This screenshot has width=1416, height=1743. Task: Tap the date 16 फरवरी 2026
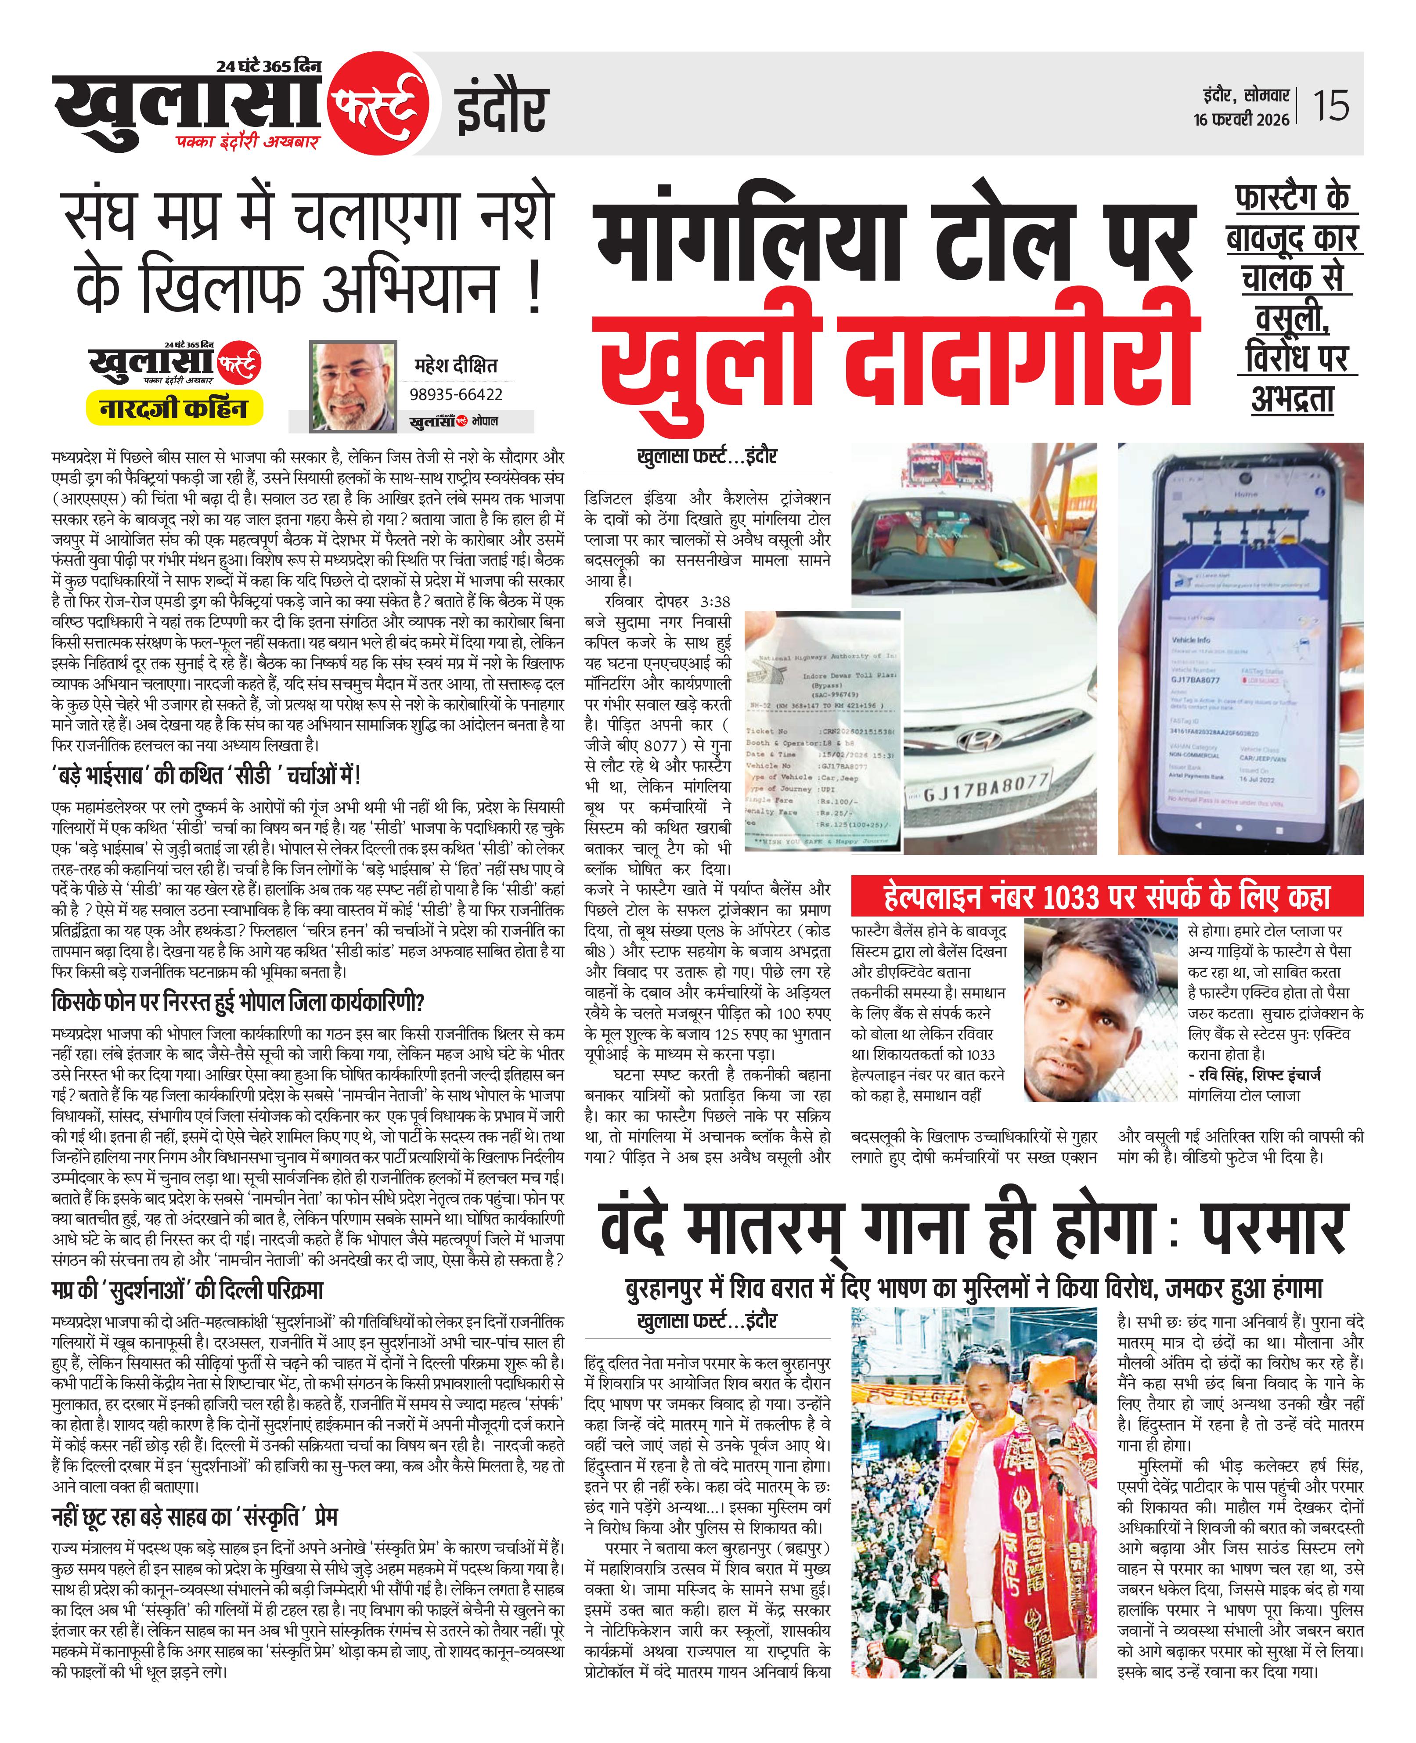coord(1241,119)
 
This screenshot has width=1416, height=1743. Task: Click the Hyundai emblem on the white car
coord(977,740)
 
